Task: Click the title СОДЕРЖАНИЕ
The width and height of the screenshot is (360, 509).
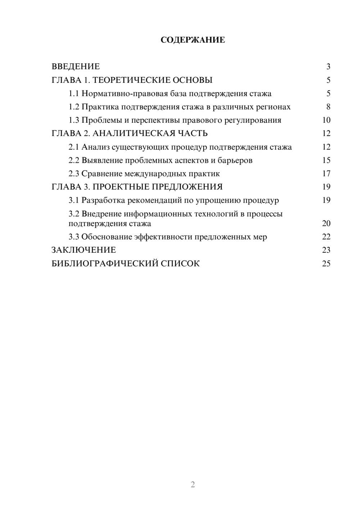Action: [193, 40]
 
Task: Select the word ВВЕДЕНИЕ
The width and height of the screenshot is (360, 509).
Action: [76, 67]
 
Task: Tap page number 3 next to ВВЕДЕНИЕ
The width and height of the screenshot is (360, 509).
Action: [328, 67]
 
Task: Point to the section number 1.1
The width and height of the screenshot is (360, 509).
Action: [74, 94]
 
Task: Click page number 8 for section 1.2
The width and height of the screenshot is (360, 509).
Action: [328, 107]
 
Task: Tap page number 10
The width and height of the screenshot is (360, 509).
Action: [326, 120]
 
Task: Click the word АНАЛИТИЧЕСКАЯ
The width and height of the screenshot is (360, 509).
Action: [134, 134]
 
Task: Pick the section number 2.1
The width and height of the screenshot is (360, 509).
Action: [74, 147]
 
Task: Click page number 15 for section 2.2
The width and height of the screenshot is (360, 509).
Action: [326, 161]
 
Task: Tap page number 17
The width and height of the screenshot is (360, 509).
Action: [326, 174]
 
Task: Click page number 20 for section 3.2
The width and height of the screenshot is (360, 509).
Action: [326, 224]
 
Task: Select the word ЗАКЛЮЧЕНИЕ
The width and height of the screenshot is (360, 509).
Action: [84, 250]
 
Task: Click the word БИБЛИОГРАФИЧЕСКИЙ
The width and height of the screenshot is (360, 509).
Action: [105, 263]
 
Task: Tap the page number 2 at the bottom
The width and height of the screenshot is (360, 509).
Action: [193, 485]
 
